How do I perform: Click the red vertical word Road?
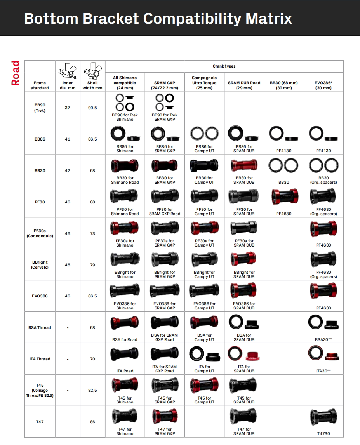pos(15,73)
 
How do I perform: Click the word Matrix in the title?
pos(268,18)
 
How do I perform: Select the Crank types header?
pos(224,66)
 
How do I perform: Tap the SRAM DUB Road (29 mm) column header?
pos(244,85)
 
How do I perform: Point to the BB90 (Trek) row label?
pos(40,108)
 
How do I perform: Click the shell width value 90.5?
pos(92,108)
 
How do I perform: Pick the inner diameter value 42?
pos(68,170)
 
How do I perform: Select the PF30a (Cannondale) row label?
pos(40,233)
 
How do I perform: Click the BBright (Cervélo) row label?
pos(40,265)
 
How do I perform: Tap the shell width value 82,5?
pos(92,390)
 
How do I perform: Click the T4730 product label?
pos(323,433)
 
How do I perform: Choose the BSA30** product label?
pos(323,339)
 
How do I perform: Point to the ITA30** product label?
pos(323,371)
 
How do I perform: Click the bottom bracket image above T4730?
pos(323,417)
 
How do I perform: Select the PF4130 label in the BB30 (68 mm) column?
pos(283,151)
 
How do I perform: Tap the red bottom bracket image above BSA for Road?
pos(125,323)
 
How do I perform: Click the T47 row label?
pos(40,422)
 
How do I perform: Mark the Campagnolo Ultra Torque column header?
pos(204,83)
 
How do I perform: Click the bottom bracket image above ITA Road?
pos(125,354)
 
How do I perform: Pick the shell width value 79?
pos(92,265)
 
